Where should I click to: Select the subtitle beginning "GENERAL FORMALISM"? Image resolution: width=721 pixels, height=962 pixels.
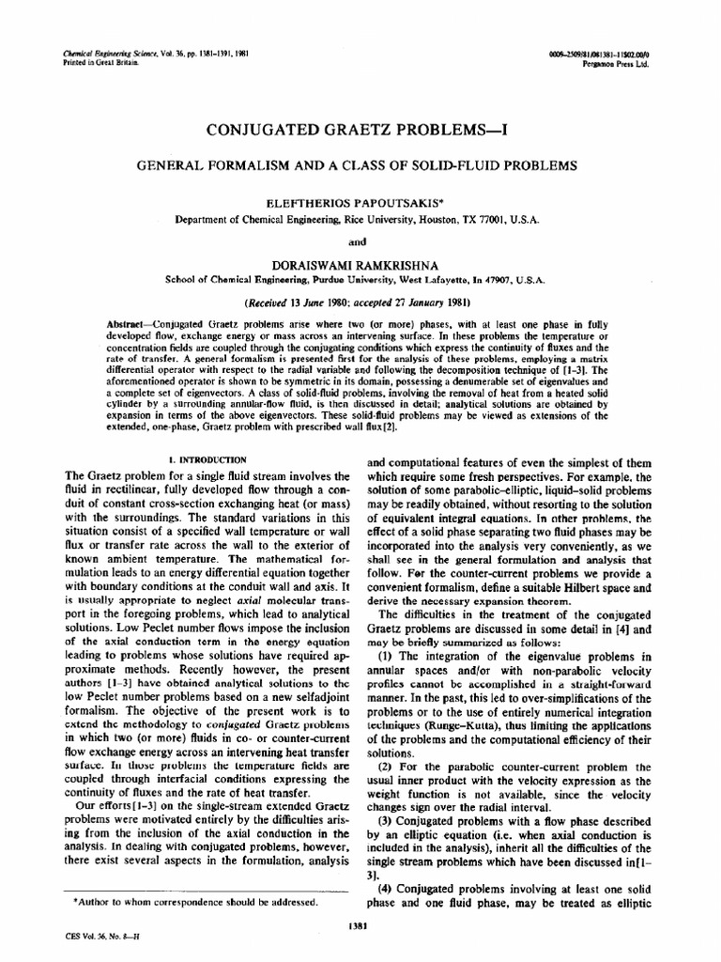pyautogui.click(x=360, y=165)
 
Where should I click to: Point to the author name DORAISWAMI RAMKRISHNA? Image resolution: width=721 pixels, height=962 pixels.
pyautogui.click(x=360, y=263)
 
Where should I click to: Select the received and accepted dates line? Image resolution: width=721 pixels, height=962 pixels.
pyautogui.click(x=360, y=303)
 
